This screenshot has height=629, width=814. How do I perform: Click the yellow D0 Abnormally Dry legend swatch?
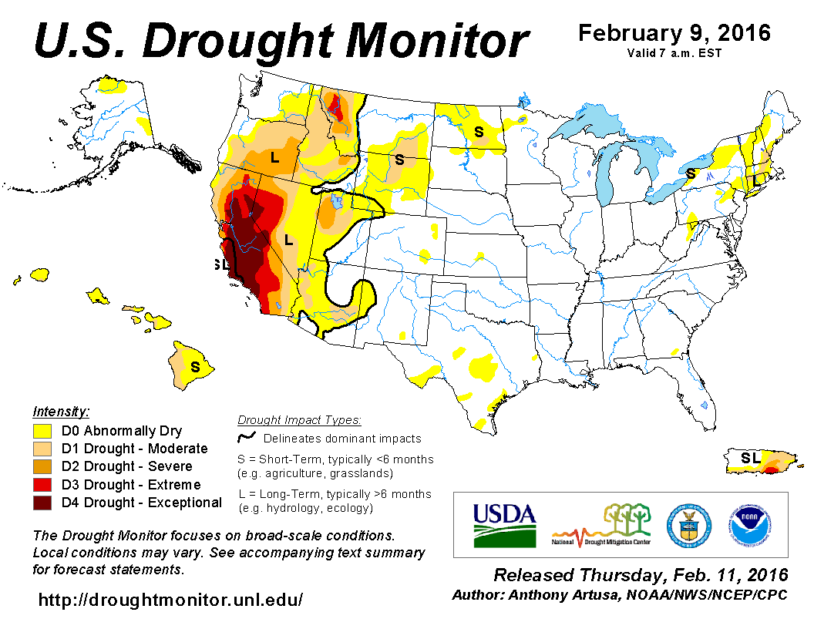[42, 431]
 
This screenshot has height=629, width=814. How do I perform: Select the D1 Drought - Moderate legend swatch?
[42, 449]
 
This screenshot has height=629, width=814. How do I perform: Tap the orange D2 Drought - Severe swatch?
[42, 466]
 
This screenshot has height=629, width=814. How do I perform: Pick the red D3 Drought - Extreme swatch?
[42, 485]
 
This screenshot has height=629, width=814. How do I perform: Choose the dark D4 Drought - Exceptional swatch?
[42, 503]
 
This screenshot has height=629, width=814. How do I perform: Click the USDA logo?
[504, 524]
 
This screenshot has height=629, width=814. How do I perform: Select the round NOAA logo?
[748, 524]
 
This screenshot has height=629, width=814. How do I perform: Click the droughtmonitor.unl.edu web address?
[170, 599]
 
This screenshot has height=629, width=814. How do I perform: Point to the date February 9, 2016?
[674, 33]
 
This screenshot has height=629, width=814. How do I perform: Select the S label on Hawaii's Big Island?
[195, 367]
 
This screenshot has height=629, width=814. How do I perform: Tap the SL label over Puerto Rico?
[750, 458]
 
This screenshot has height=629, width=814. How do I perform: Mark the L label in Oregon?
[274, 158]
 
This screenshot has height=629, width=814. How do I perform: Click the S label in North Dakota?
[479, 132]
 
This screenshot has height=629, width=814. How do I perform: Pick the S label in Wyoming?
[399, 160]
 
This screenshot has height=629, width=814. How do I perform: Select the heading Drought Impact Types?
[299, 420]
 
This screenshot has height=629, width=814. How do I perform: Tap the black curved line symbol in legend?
[247, 438]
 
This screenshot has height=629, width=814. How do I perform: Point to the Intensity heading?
[61, 412]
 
